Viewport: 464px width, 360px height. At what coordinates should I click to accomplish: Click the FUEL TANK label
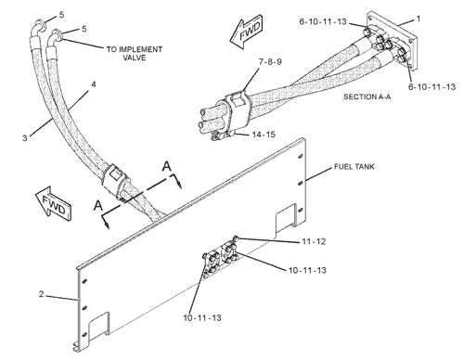[354, 167]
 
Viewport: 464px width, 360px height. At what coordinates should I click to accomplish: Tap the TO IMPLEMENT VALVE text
[135, 54]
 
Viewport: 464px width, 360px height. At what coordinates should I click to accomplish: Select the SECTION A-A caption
[367, 96]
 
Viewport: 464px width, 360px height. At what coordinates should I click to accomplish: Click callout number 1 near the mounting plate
[419, 19]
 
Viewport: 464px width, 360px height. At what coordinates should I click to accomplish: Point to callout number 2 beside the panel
[42, 294]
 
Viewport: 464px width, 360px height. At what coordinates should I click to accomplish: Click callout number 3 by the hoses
[25, 138]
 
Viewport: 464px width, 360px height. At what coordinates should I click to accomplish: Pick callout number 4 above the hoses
[93, 84]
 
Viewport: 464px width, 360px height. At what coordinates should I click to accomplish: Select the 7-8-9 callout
[270, 62]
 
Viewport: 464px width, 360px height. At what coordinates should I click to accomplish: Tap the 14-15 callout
[264, 135]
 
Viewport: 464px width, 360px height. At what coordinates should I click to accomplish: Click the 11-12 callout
[314, 241]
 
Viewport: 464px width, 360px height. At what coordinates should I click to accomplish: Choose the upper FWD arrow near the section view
[247, 32]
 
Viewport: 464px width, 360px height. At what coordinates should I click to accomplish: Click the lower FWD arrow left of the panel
[54, 204]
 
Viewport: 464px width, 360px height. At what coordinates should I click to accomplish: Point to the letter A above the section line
[167, 166]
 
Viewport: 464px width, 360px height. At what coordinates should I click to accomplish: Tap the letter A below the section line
[98, 206]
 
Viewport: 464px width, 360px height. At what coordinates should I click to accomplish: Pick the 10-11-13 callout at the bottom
[202, 318]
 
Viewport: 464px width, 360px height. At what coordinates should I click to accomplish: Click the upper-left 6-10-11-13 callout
[323, 22]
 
